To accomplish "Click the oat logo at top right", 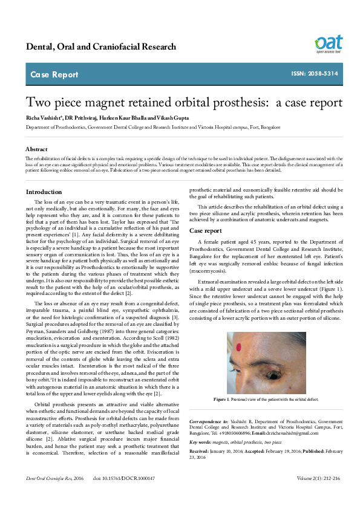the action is [x=328, y=44].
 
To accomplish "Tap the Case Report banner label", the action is [x=54, y=75].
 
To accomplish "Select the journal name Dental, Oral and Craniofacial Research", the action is [x=100, y=47].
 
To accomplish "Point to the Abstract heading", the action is [x=37, y=149].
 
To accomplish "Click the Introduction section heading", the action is [x=44, y=192].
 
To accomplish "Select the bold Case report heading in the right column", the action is [x=206, y=231].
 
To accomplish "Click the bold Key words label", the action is [x=202, y=442].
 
